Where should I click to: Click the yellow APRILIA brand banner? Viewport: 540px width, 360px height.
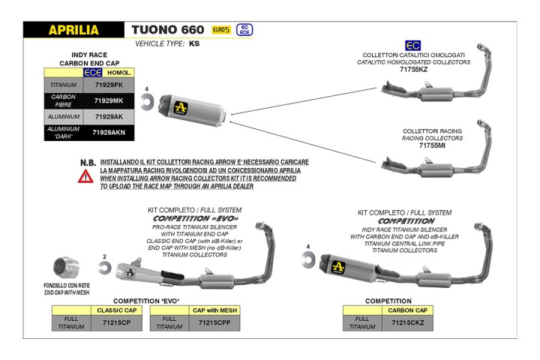[73, 30]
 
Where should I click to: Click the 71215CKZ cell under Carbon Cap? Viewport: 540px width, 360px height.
[407, 323]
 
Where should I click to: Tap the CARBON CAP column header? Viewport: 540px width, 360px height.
[407, 310]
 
